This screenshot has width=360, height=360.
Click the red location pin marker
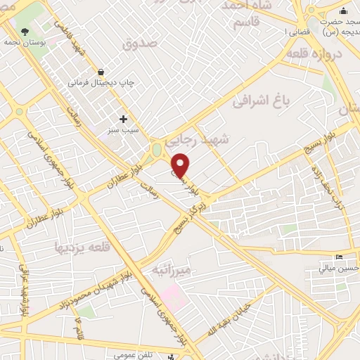pos(181,165)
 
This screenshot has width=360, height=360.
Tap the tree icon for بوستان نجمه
pos(25,32)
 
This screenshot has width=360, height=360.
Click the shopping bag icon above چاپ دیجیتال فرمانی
pos(102,72)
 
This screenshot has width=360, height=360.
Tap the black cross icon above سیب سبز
pos(124,119)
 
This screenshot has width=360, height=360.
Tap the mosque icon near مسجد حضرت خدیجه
pos(343,11)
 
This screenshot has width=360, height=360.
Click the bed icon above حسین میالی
pos(340,256)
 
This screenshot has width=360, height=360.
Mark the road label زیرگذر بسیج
pos(193,204)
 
